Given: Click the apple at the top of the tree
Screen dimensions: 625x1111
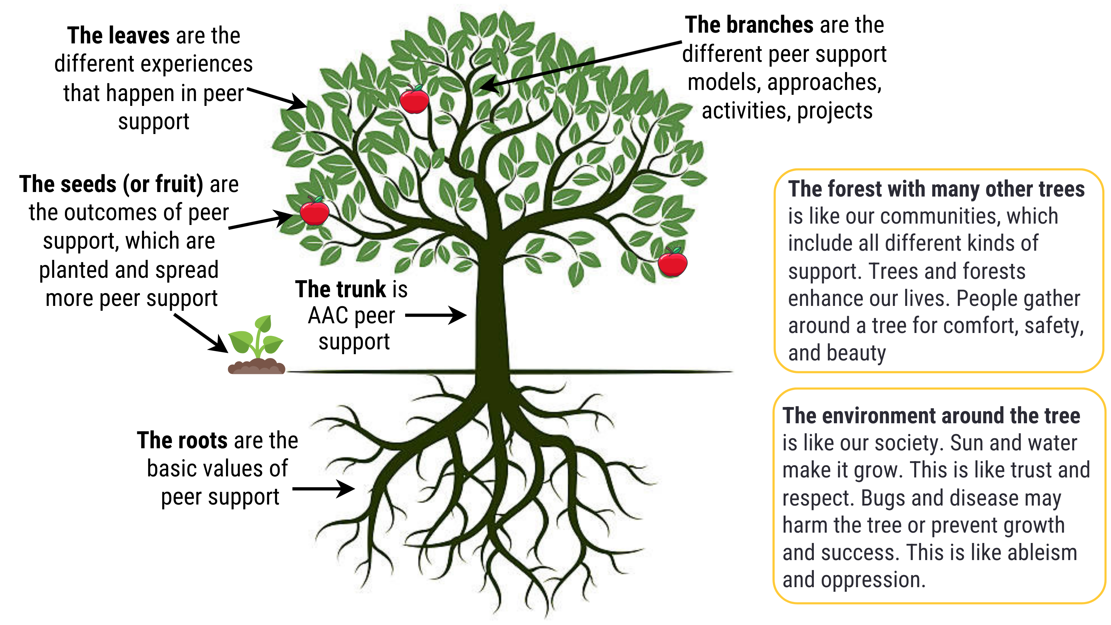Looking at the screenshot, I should click(414, 100).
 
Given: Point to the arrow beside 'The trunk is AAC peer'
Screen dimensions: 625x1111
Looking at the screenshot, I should click(436, 315).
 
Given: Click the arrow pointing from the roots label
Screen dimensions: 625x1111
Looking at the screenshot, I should click(324, 489).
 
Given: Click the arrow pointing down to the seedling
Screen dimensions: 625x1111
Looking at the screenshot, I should click(201, 333).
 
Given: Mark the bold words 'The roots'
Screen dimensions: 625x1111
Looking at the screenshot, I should click(182, 440).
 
